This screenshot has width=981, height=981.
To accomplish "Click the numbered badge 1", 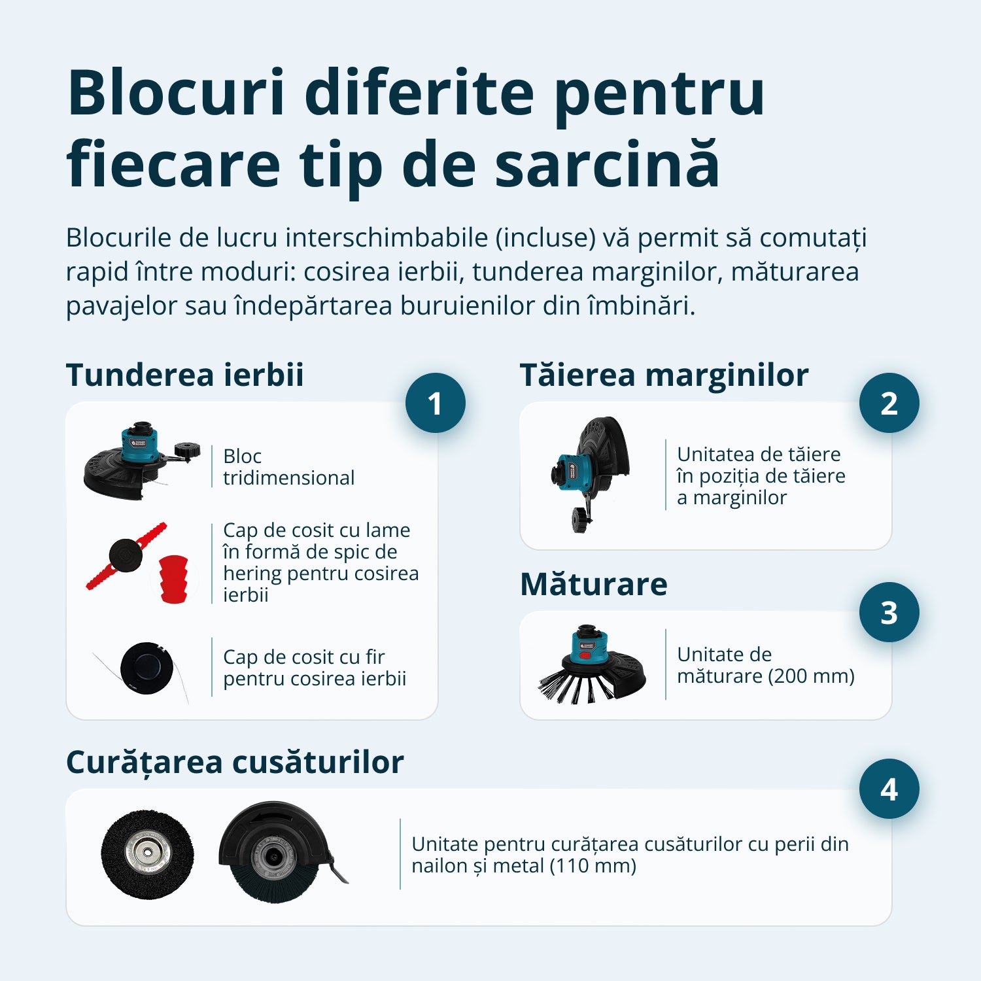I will click(435, 403).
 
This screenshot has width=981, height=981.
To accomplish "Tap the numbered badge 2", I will click(889, 403).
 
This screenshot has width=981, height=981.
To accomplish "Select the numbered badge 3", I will click(889, 612).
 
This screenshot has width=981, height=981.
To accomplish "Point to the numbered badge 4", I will click(889, 789).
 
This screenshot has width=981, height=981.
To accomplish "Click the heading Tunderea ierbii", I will click(184, 375).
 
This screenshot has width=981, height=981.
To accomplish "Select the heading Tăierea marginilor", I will click(664, 375).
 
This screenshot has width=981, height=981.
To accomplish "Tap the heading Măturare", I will click(593, 584).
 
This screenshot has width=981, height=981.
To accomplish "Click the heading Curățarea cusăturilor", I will click(235, 762).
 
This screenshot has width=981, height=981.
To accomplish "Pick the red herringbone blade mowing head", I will click(126, 556).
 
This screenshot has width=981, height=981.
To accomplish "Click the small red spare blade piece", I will click(174, 578).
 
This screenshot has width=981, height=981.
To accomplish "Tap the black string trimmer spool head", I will click(146, 668).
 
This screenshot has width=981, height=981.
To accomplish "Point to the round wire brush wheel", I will click(147, 853).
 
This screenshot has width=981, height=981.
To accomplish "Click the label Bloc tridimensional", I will click(288, 467).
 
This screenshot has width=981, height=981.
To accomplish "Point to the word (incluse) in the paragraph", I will click(545, 237).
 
